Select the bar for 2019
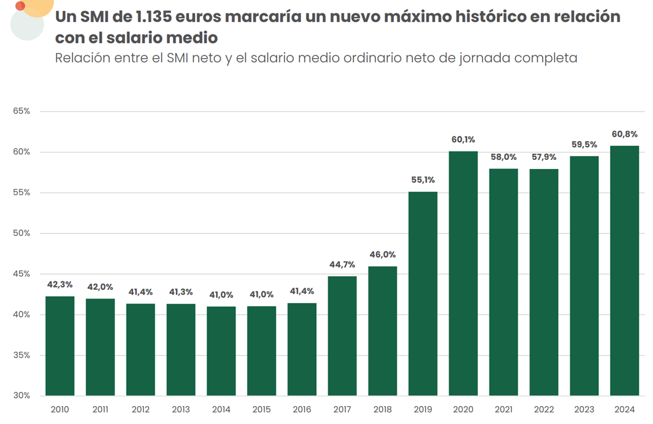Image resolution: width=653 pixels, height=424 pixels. tap(423, 293)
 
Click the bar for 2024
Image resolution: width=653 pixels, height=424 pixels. tap(624, 270)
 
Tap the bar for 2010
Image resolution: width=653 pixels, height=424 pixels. tap(60, 345)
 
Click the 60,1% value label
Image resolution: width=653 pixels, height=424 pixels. tap(463, 139)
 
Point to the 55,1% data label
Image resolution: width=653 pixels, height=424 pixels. tap(423, 179)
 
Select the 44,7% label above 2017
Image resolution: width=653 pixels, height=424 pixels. tap(342, 265)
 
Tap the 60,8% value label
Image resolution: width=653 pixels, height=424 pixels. tap(624, 134)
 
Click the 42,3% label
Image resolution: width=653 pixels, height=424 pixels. tap(60, 284)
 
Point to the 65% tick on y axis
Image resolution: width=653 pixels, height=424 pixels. tap(21, 111)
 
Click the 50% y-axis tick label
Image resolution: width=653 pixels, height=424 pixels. tap(21, 233)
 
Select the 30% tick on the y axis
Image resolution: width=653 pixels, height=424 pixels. tap(21, 396)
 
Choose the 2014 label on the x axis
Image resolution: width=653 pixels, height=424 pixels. tap(221, 410)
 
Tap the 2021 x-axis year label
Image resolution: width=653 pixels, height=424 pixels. tap(503, 410)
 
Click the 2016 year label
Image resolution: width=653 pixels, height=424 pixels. tap(302, 410)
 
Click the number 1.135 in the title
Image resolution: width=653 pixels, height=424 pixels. tap(155, 17)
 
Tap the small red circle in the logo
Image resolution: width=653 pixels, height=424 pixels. tap(20, 6)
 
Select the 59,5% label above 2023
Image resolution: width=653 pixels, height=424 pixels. tap(584, 144)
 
